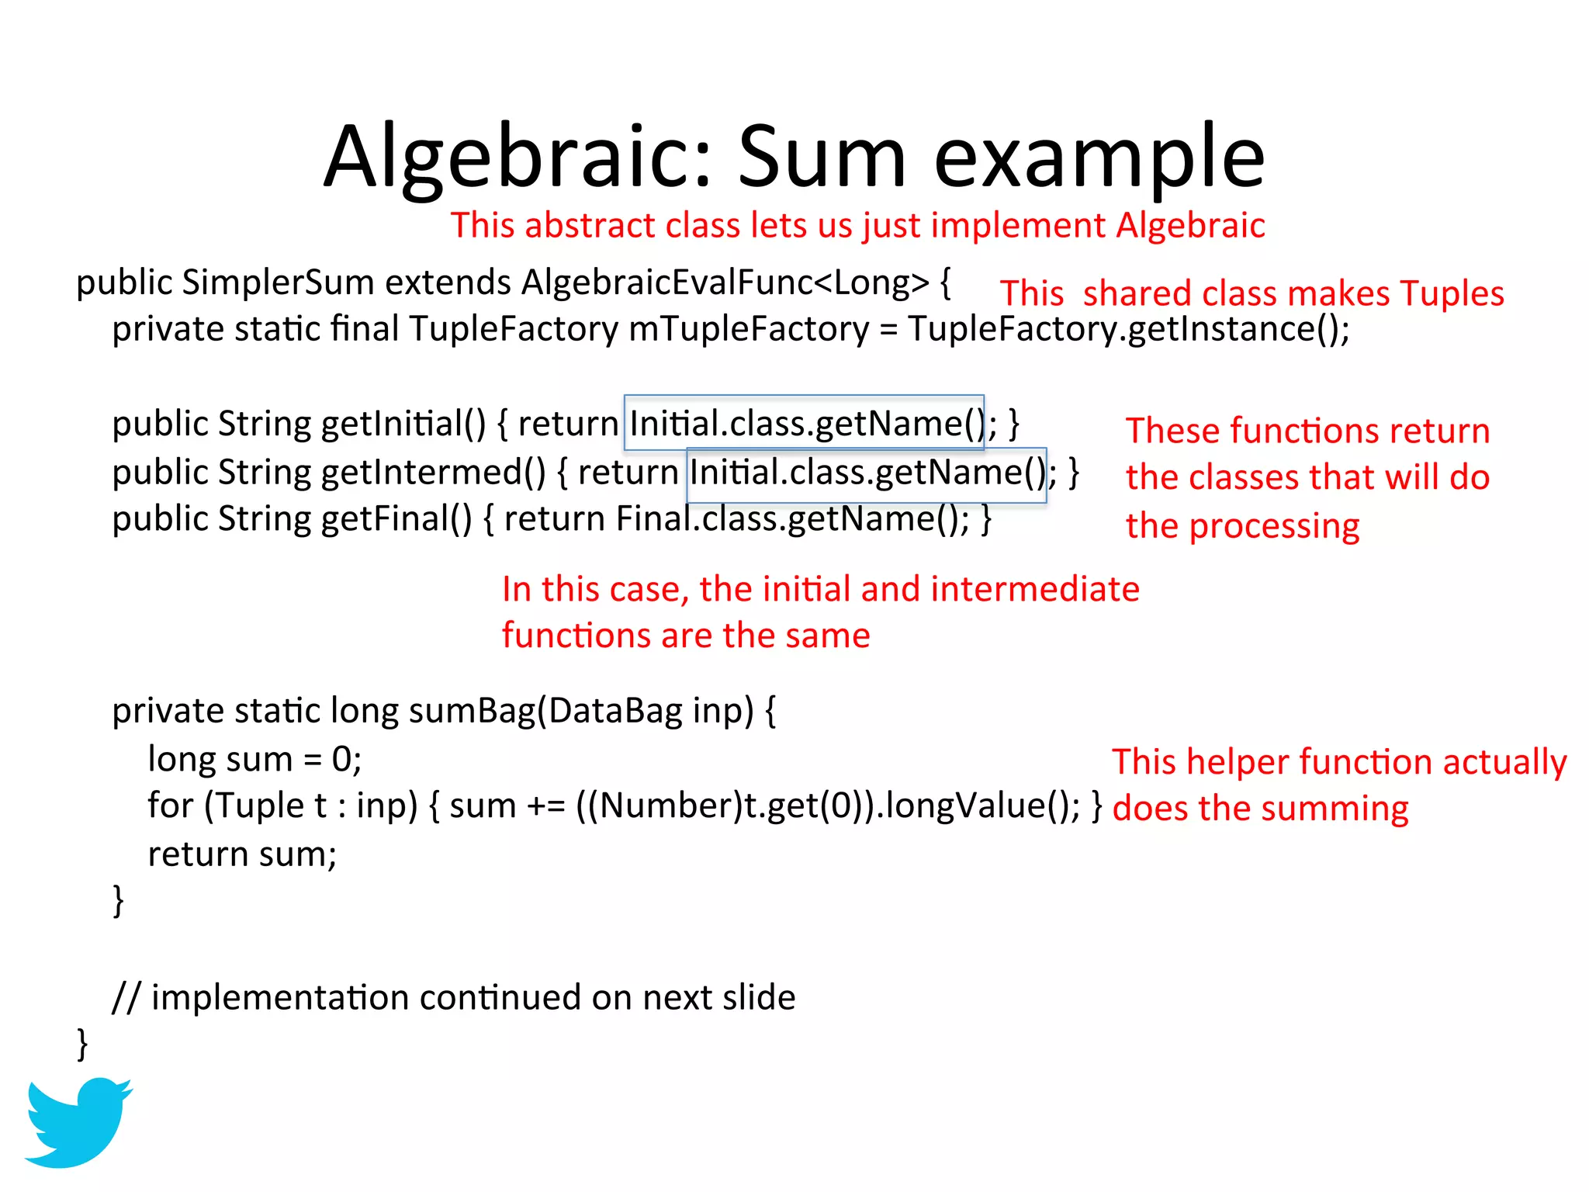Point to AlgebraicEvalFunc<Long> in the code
coord(725,282)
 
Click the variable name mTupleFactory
coord(749,329)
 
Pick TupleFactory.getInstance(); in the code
coord(1128,329)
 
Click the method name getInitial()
coord(403,424)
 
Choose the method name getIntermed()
coord(433,473)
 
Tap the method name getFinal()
coord(396,519)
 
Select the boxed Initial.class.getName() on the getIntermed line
coord(867,473)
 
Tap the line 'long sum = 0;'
coord(254,760)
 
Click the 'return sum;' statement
coord(242,854)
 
